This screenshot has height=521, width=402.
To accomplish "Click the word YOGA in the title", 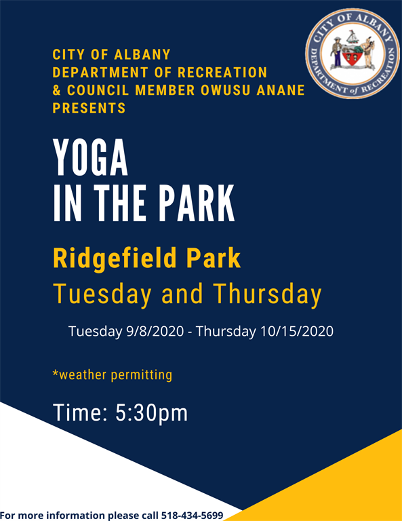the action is click(90, 157).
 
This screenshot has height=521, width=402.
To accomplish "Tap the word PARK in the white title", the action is click(196, 203).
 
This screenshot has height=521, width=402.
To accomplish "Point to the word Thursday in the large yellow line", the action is click(268, 294).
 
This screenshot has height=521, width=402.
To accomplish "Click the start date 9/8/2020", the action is click(155, 331).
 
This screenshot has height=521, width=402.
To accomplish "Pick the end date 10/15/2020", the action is click(297, 331).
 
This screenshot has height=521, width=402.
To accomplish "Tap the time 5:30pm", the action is click(152, 412).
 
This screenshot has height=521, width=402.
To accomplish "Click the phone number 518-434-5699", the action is click(193, 516).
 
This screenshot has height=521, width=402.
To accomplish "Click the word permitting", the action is click(142, 375).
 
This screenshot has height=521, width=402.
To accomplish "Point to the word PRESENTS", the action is click(89, 109).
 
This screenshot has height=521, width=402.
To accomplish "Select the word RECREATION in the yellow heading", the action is click(222, 73).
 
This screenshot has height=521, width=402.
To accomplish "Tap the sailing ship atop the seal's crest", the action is click(353, 37).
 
